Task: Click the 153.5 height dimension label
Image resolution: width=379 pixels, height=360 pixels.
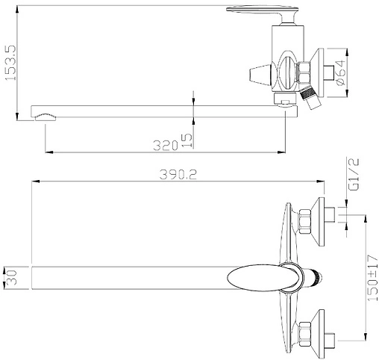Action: [10, 63]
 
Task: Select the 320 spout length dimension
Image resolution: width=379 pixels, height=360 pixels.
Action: [166, 146]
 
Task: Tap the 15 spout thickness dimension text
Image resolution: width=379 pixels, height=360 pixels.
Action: [187, 140]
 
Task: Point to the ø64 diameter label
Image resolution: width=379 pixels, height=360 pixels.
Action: [340, 72]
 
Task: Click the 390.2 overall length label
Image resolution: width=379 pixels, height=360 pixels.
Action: [178, 174]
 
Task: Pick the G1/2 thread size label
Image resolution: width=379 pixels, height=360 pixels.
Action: [354, 174]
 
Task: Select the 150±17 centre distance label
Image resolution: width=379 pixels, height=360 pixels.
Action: [372, 278]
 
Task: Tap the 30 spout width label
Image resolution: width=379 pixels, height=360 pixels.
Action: [11, 278]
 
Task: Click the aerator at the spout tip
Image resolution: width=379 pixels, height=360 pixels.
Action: [46, 117]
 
